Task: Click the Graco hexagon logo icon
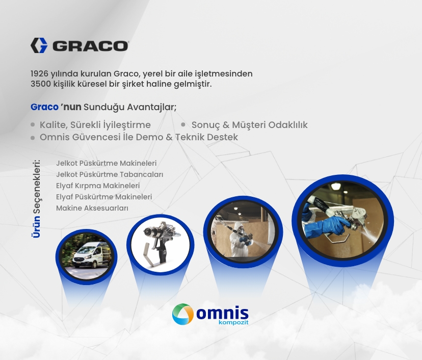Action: pyautogui.click(x=39, y=45)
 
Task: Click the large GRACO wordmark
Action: pyautogui.click(x=90, y=46)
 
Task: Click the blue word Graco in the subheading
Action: pyautogui.click(x=44, y=107)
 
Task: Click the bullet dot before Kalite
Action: pyautogui.click(x=33, y=124)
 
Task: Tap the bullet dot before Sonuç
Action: pyautogui.click(x=183, y=124)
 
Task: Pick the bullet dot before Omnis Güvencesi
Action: pyautogui.click(x=33, y=138)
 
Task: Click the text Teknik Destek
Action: pyautogui.click(x=206, y=137)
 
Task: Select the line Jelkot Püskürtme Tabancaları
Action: pyautogui.click(x=110, y=174)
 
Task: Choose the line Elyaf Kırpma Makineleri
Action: pyautogui.click(x=98, y=186)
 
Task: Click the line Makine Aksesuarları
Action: pyautogui.click(x=92, y=208)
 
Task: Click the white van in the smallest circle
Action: pyautogui.click(x=85, y=256)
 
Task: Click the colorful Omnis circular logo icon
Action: pyautogui.click(x=183, y=314)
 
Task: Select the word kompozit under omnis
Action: pyautogui.click(x=233, y=322)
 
